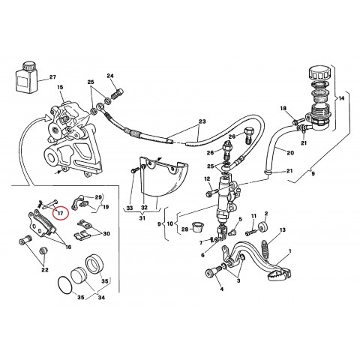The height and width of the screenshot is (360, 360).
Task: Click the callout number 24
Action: (x=110, y=76)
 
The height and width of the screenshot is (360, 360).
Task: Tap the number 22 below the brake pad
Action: (x=45, y=270)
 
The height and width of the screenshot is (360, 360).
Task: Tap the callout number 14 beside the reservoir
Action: (x=343, y=98)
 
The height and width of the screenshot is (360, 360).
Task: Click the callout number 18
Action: (x=283, y=109)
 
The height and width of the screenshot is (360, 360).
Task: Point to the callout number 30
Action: (x=106, y=233)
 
